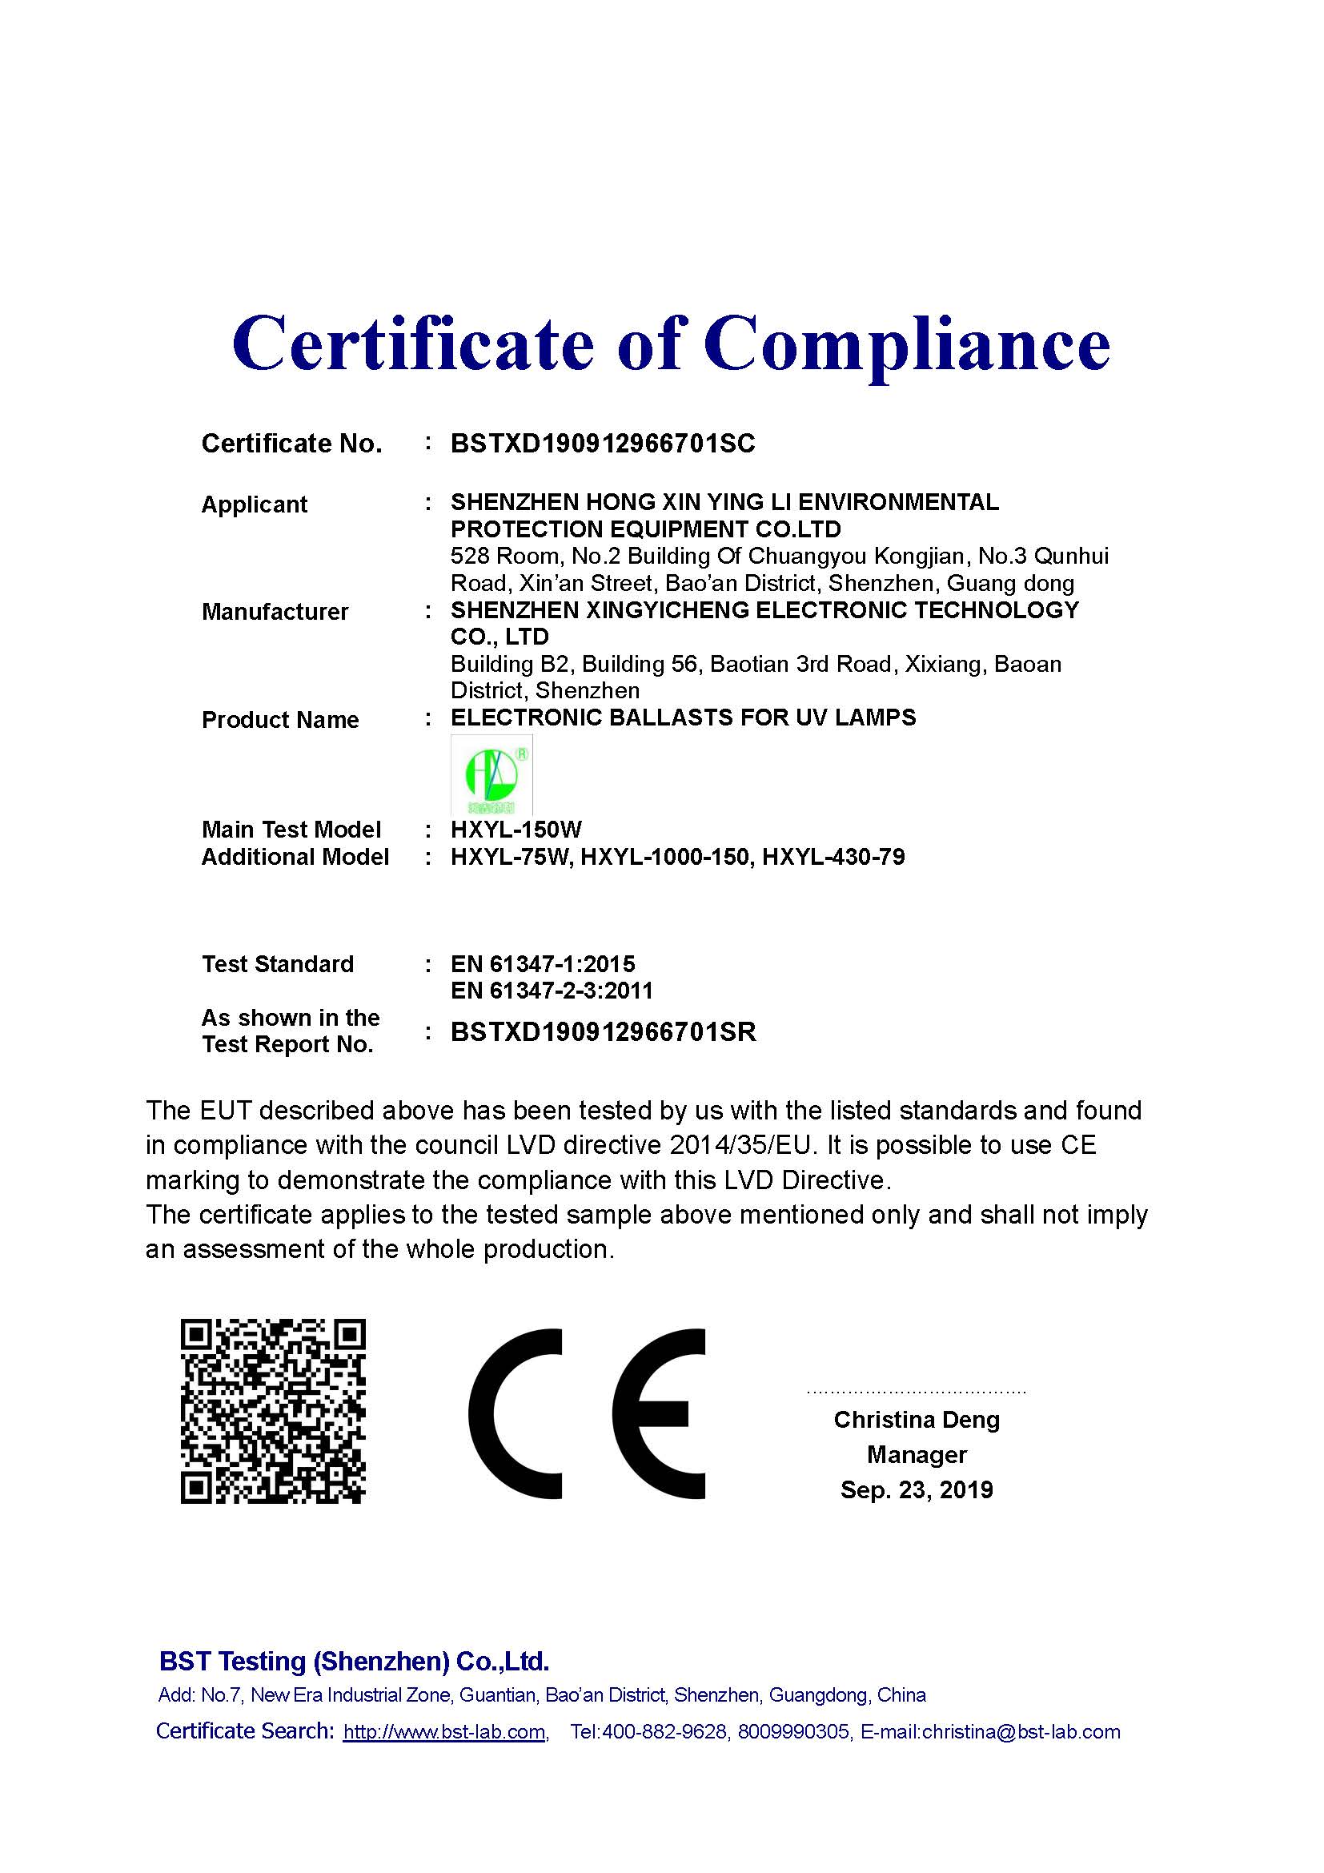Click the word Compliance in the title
tap(907, 344)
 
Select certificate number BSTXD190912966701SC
tap(603, 444)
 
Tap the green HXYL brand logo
tap(491, 776)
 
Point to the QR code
tap(273, 1411)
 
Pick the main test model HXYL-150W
tap(516, 830)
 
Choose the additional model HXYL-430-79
tap(833, 857)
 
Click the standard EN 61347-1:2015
tap(542, 964)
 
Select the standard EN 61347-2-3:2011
tap(551, 991)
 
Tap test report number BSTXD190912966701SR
tap(604, 1032)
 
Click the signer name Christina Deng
tap(917, 1420)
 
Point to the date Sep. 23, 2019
tap(917, 1489)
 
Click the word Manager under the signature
tap(917, 1454)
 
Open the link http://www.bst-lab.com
tap(443, 1732)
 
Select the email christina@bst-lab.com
tap(1021, 1732)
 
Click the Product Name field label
tap(279, 720)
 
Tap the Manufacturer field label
tap(275, 612)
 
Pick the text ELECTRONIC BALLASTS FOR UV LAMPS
tap(683, 717)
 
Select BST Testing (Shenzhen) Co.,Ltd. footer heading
tap(354, 1662)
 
